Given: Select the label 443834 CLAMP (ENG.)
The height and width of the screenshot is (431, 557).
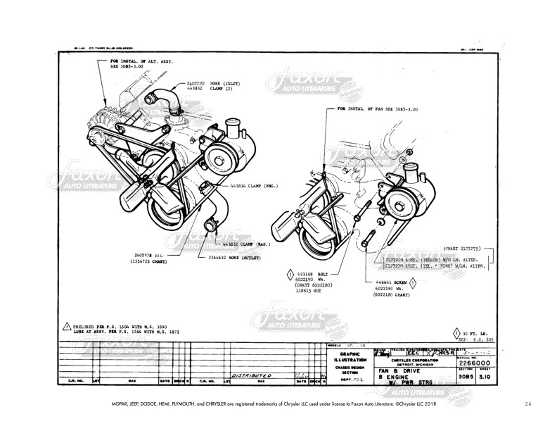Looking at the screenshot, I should (x=252, y=187).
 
